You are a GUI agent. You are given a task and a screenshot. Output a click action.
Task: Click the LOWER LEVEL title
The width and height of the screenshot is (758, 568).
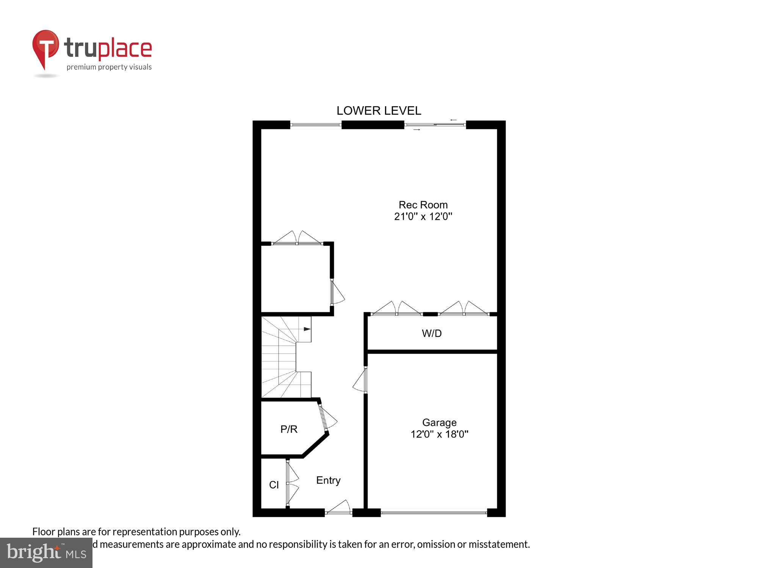tap(379, 111)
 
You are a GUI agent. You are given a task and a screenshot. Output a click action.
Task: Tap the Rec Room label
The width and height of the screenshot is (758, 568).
tap(423, 205)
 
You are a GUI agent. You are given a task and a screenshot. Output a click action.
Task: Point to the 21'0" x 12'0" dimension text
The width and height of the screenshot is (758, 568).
tap(423, 217)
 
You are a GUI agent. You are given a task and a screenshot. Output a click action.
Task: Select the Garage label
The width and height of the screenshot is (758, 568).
tap(439, 422)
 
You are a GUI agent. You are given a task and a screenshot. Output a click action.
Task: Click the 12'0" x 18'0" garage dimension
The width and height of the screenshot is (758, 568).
tap(439, 434)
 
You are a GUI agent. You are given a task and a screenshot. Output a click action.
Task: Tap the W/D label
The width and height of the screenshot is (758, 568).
tap(432, 333)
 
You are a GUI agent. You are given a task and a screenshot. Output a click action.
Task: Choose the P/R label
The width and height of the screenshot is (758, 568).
tap(289, 429)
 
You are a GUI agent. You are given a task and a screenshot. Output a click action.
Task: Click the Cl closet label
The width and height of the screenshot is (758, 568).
tap(274, 485)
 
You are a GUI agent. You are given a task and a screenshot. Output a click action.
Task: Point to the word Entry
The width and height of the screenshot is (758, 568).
tap(328, 480)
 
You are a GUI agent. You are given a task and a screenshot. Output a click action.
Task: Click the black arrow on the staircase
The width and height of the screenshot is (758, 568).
tap(307, 329)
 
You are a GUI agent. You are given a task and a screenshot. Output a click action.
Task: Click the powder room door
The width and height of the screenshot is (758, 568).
tap(327, 419)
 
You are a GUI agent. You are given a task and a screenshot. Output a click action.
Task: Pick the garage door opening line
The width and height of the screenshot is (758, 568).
tap(434, 513)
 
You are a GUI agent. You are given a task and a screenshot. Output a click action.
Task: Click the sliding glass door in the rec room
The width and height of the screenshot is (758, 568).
tap(435, 125)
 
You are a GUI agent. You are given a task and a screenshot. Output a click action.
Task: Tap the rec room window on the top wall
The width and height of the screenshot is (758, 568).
tap(316, 125)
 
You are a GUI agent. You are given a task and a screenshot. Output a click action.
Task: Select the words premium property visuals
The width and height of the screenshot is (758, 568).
tap(109, 67)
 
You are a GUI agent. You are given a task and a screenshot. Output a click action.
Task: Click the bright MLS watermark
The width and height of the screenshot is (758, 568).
tap(46, 553)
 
